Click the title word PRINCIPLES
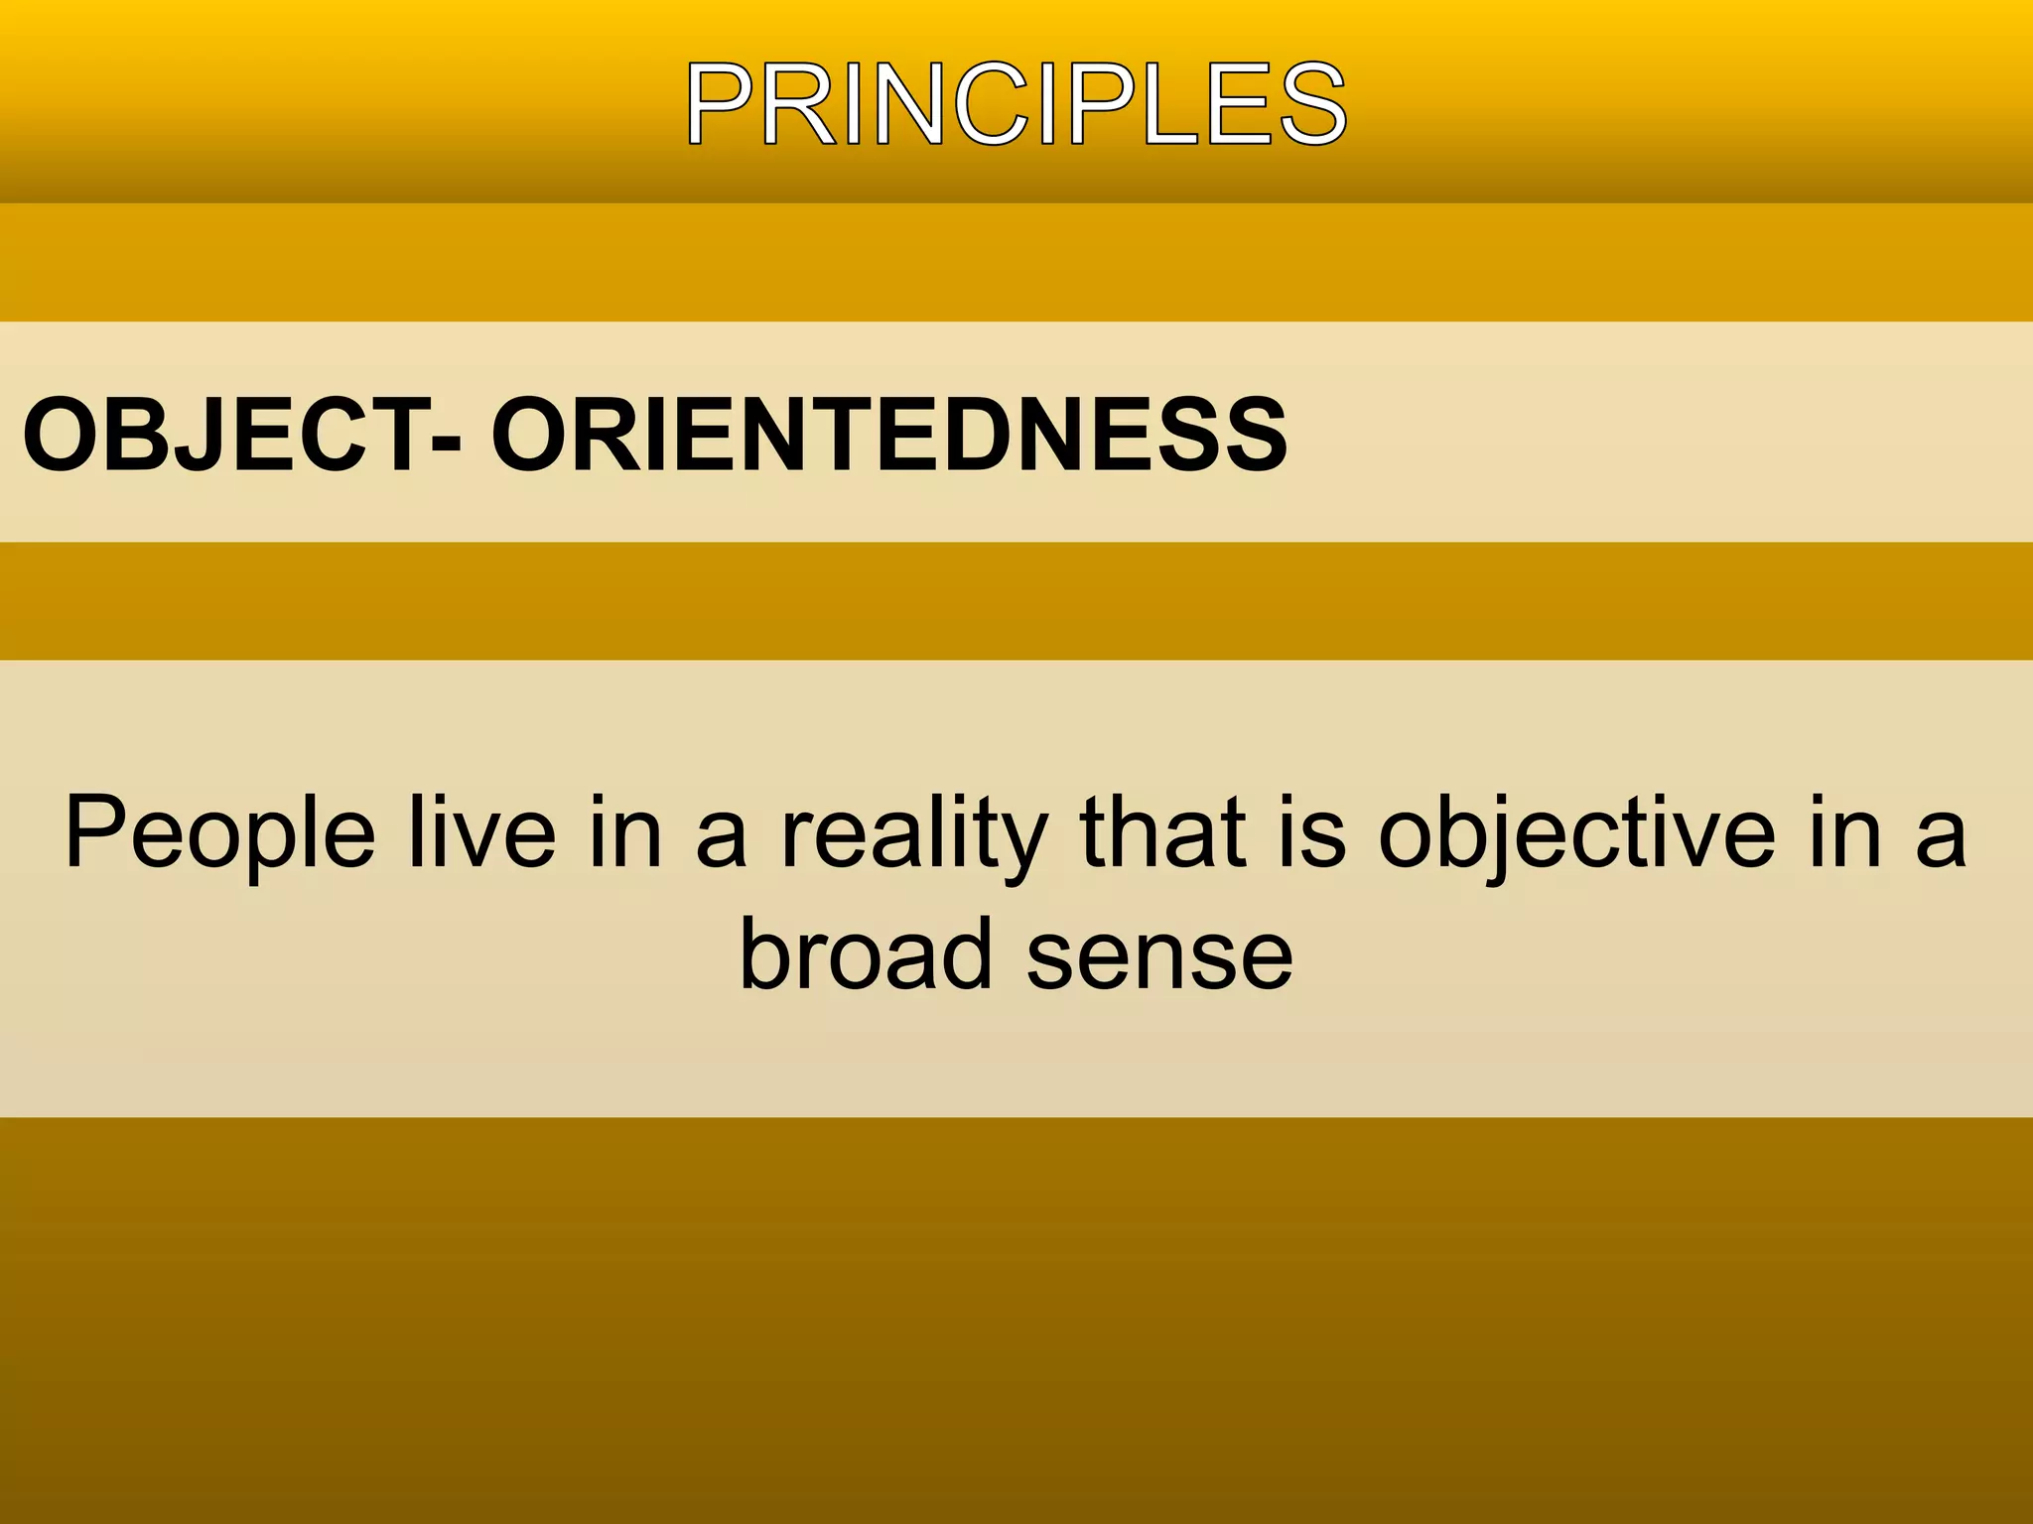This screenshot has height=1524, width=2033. tap(1016, 104)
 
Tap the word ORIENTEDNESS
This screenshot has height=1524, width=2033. tap(888, 435)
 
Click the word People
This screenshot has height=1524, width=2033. tap(219, 834)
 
